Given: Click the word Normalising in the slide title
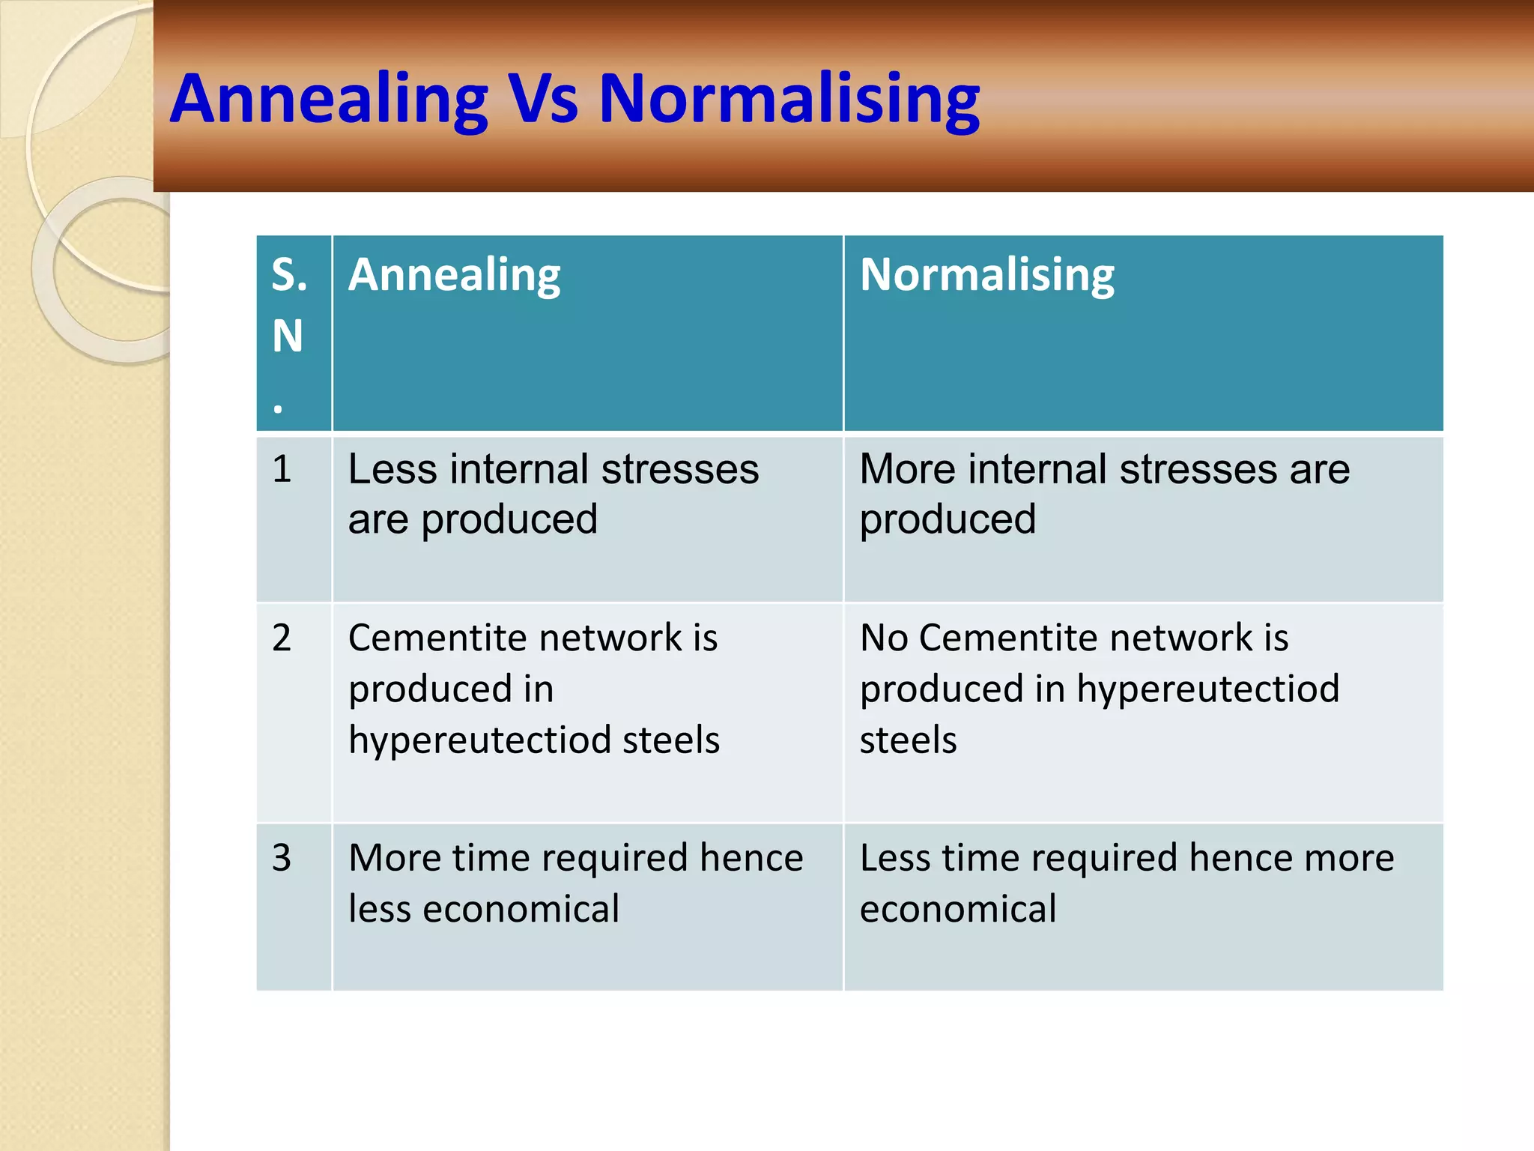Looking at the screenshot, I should point(789,99).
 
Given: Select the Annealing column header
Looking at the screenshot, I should point(454,275).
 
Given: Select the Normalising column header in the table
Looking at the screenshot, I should point(986,275).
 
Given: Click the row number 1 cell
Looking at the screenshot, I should point(282,470).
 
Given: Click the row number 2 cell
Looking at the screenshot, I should point(282,638).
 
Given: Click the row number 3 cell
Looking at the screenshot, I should point(282,858).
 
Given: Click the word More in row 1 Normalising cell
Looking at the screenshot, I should point(907,470).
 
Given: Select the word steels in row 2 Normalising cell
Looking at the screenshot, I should point(908,740).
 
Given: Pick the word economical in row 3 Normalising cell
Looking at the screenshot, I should point(957,909).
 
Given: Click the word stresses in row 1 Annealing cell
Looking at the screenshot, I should point(679,470).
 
